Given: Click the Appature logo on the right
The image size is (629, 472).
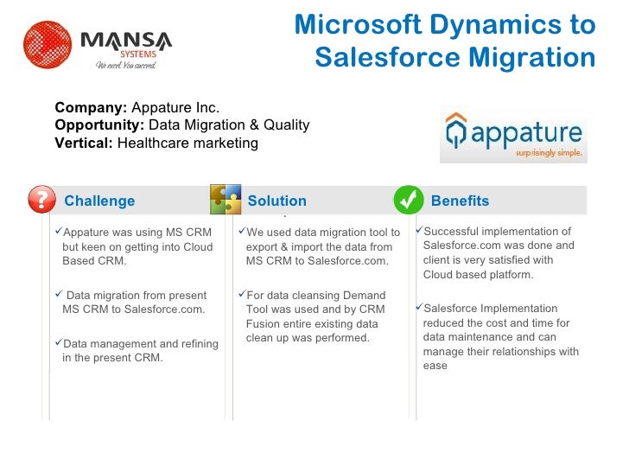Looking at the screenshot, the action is tap(513, 135).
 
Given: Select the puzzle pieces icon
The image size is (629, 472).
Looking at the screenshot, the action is tap(225, 200).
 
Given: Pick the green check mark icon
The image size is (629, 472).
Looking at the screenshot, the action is tap(408, 201).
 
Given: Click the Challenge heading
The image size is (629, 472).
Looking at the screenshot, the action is tap(99, 201).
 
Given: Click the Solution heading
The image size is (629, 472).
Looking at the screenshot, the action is tap(276, 201).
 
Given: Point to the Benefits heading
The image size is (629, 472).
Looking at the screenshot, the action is tap(460, 201).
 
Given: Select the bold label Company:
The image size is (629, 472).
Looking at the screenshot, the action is tap(91, 108).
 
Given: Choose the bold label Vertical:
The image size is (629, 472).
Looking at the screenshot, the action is tap(84, 143).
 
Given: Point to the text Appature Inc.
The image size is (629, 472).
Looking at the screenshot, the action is tap(175, 108).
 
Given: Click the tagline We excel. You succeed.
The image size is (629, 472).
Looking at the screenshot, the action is tap(125, 65).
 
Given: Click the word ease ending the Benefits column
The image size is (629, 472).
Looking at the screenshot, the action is tap(435, 366).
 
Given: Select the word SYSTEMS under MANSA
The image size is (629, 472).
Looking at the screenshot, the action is tap(132, 53).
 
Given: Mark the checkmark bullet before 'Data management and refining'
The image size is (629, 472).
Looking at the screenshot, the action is tap(58, 342).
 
